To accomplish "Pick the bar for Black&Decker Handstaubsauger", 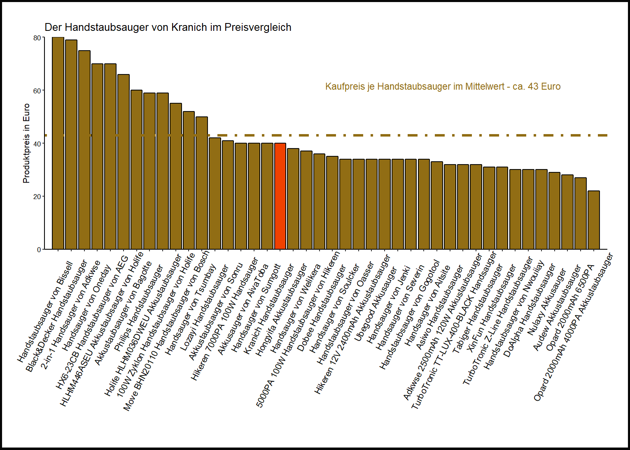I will point(71,144).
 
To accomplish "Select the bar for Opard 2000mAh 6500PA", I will point(580,213).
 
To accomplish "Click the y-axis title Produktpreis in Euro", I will point(26,143).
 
